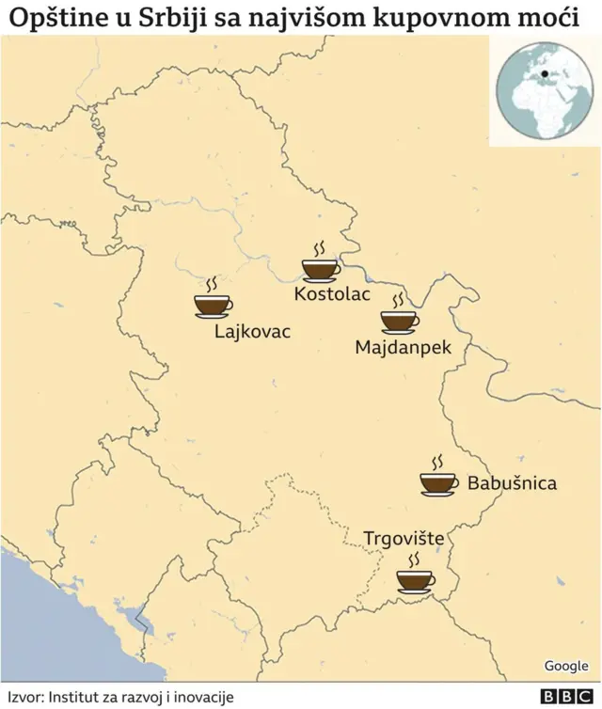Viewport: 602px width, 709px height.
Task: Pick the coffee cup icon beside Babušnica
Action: (438, 482)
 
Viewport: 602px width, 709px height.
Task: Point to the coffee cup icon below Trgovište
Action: (415, 579)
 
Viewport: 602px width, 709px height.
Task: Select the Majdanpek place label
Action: (403, 347)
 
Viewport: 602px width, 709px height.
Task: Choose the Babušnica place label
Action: (512, 483)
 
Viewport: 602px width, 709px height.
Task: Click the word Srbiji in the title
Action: (181, 17)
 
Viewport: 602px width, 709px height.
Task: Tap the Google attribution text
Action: (565, 666)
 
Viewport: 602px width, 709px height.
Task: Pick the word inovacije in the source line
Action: (201, 697)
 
